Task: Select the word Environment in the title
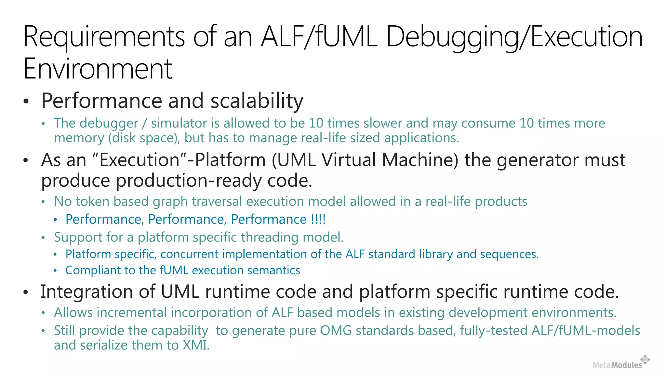click(x=98, y=69)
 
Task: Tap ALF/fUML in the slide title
click(x=319, y=37)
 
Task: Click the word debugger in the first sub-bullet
click(x=109, y=124)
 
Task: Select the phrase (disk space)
click(x=143, y=138)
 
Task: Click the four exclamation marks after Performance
click(x=318, y=219)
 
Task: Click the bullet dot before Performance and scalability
click(x=26, y=101)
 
